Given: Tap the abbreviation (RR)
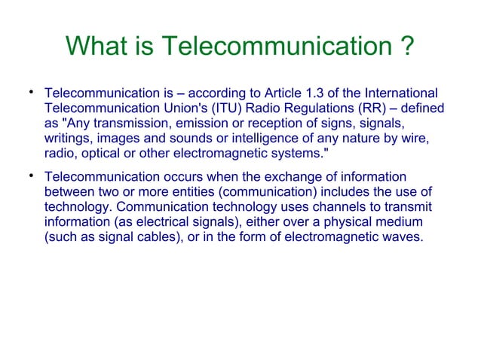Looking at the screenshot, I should (x=364, y=108).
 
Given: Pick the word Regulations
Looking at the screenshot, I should (x=310, y=108).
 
